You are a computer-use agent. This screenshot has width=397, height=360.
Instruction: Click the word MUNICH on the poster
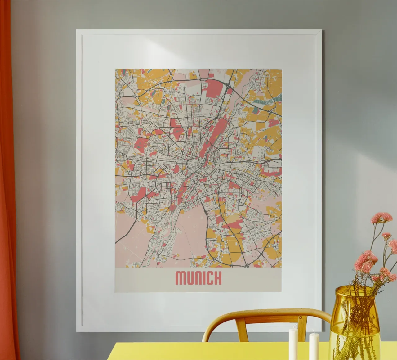pyautogui.click(x=198, y=278)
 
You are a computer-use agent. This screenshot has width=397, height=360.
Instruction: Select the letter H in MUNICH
pyautogui.click(x=217, y=278)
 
